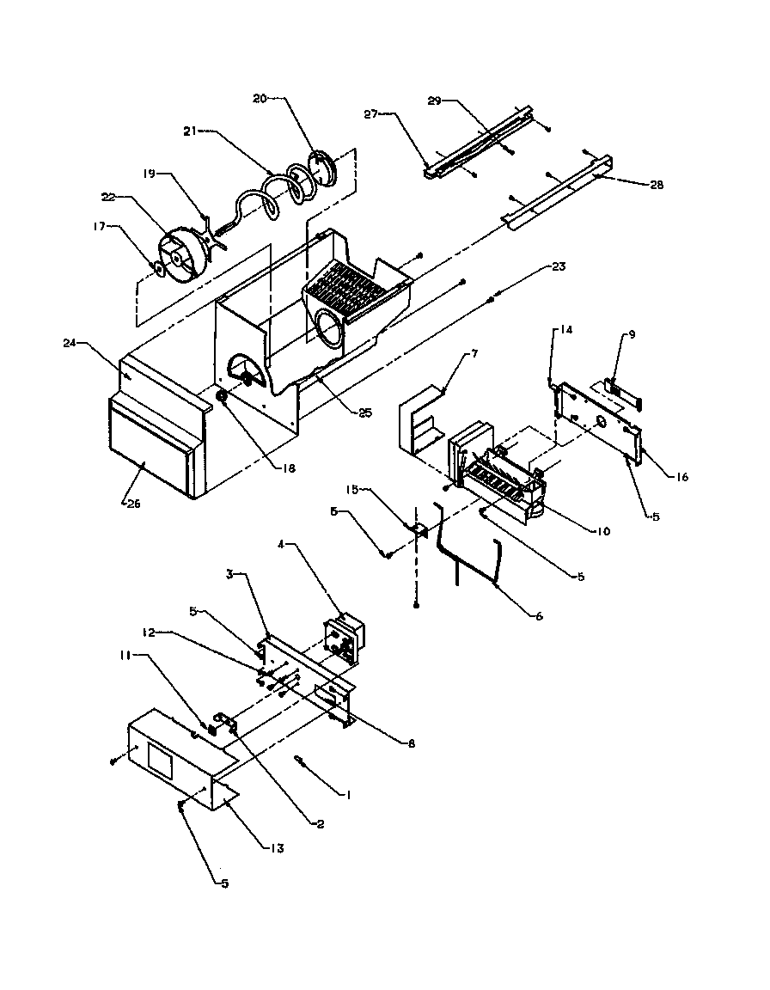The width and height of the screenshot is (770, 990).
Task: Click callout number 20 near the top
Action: pos(258,99)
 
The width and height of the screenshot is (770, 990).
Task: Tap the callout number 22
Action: pos(108,198)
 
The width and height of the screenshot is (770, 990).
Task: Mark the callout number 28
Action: pos(657,185)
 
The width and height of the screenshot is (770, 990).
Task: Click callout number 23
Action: pos(559,266)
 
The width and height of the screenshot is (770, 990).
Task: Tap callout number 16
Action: pos(681,477)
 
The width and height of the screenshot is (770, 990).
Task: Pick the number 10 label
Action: pos(602,531)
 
